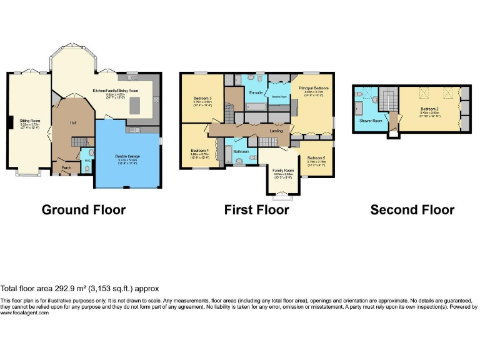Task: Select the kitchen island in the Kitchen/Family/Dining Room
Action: (136, 107)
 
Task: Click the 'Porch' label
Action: (65, 167)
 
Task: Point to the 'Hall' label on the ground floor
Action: (72, 122)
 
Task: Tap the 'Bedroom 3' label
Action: (202, 99)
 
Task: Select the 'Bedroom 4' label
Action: (199, 151)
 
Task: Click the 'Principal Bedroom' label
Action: (313, 89)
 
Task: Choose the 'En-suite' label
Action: (255, 92)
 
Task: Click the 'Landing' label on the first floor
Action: (276, 131)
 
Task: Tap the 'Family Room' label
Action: (282, 169)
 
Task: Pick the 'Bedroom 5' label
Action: (316, 157)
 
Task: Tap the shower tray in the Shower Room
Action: (358, 109)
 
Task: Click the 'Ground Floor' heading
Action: (83, 210)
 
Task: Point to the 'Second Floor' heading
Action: (412, 210)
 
